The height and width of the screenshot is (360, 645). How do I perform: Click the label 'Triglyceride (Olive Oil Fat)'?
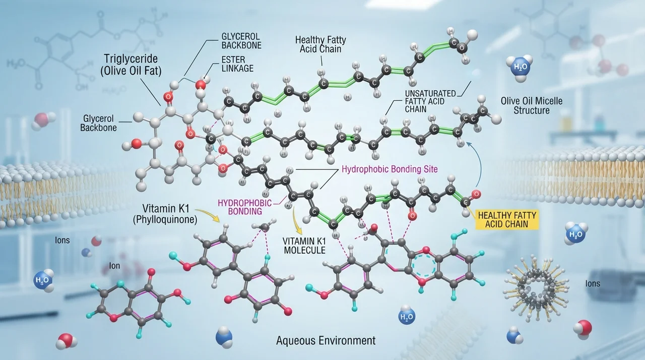pyautogui.click(x=131, y=65)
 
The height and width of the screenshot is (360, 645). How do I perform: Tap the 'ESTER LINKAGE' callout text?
pyautogui.click(x=237, y=64)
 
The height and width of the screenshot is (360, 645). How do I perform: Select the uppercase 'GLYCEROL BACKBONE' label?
pyautogui.click(x=241, y=41)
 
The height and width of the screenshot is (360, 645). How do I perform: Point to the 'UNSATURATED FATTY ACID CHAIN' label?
pyautogui.click(x=430, y=101)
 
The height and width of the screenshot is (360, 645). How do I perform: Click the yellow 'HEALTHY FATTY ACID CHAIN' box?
pyautogui.click(x=507, y=219)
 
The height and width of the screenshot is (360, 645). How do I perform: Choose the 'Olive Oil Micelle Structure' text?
pyautogui.click(x=532, y=105)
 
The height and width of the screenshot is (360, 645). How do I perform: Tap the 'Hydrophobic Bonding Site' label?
pyautogui.click(x=390, y=169)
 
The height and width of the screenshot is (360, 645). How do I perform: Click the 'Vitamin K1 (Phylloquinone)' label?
pyautogui.click(x=165, y=214)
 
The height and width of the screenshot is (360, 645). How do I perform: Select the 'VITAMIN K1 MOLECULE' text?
pyautogui.click(x=305, y=246)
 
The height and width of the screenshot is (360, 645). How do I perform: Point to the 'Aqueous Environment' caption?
pyautogui.click(x=326, y=340)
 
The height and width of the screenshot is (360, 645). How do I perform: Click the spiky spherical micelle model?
pyautogui.click(x=536, y=288)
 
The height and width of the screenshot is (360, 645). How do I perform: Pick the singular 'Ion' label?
pyautogui.click(x=114, y=266)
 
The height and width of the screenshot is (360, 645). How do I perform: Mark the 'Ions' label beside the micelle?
pyautogui.click(x=593, y=284)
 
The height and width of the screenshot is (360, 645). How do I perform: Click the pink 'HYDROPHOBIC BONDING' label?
pyautogui.click(x=245, y=207)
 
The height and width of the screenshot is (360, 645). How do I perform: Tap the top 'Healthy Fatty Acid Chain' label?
pyautogui.click(x=320, y=44)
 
